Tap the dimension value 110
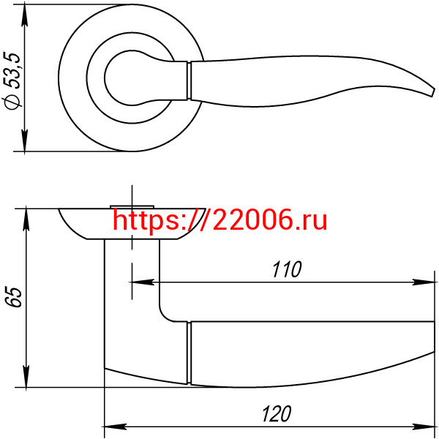coord(287,269)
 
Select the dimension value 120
coord(277,414)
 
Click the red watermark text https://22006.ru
coord(219,220)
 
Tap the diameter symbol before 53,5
coord(12,100)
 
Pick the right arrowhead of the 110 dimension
coord(424,282)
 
